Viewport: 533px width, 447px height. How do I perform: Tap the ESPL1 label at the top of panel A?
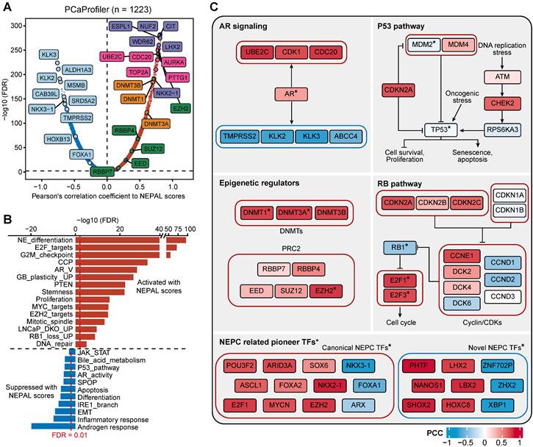pyautogui.click(x=119, y=26)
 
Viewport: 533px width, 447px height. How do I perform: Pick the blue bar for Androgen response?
pyautogui.click(x=54, y=426)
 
